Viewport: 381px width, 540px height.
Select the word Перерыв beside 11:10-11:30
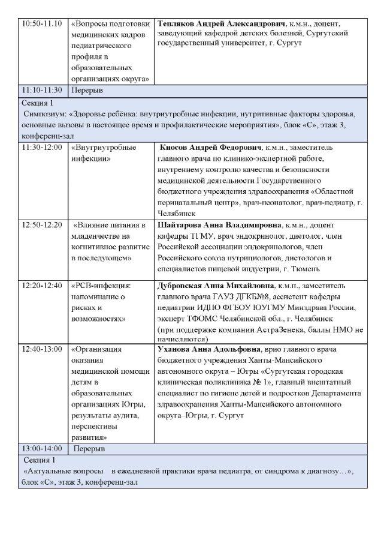pyautogui.click(x=87, y=91)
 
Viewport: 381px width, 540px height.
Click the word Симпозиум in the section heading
pyautogui.click(x=45, y=112)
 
